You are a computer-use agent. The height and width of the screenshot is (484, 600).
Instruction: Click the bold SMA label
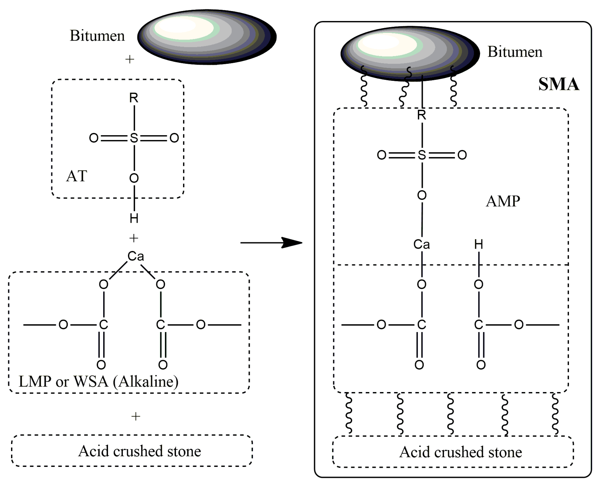[x=559, y=84]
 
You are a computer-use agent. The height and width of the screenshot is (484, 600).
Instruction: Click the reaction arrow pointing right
[x=271, y=243]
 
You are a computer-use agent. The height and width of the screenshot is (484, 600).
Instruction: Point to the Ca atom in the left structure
[x=136, y=256]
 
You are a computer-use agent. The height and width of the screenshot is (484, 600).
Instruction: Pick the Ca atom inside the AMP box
[x=422, y=244]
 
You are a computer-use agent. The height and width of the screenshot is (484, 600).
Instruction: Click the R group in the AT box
[x=134, y=98]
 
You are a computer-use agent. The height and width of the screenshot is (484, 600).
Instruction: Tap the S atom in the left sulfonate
[x=134, y=138]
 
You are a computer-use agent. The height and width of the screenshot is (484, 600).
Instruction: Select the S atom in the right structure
[x=422, y=155]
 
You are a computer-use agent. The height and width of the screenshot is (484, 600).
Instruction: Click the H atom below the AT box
[x=134, y=218]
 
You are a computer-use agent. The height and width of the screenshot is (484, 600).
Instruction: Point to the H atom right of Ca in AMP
[x=479, y=244]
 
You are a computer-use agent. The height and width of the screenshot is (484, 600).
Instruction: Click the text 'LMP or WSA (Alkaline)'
[x=98, y=381]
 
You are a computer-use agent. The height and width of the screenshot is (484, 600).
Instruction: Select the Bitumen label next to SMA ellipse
[x=515, y=52]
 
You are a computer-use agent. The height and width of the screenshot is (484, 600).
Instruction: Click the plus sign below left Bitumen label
[x=130, y=59]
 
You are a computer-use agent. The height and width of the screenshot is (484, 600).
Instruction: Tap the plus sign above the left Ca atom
[x=134, y=238]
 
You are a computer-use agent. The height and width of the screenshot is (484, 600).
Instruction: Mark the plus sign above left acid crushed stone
[x=136, y=416]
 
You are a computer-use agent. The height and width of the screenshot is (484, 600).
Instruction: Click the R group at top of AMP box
[x=422, y=115]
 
